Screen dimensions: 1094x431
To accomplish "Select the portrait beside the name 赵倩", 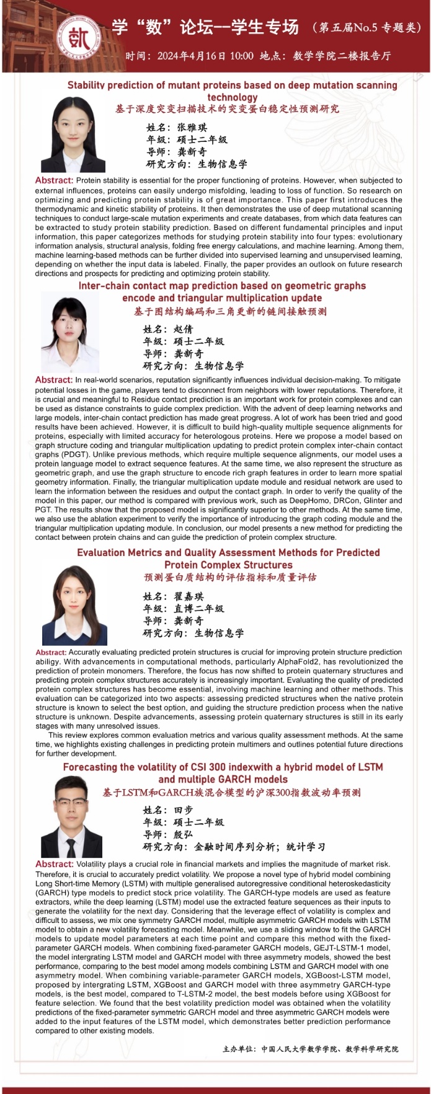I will pyautogui.click(x=70, y=335).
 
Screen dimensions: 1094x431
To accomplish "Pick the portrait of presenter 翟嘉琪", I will pyautogui.click(x=74, y=606).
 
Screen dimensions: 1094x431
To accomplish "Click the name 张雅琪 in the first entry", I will pyautogui.click(x=192, y=127).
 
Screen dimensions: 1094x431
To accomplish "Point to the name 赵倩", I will pyautogui.click(x=183, y=329).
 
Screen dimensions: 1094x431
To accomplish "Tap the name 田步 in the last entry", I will pyautogui.click(x=183, y=809).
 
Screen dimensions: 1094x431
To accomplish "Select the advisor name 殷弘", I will pyautogui.click(x=183, y=834).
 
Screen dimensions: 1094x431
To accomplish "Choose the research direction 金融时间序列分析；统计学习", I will pyautogui.click(x=259, y=847).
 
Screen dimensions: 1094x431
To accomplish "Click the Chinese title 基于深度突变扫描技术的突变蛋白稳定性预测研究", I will pyautogui.click(x=228, y=109).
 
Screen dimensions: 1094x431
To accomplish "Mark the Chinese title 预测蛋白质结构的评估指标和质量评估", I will pyautogui.click(x=230, y=578).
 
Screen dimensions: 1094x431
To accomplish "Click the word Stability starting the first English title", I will pyautogui.click(x=88, y=86).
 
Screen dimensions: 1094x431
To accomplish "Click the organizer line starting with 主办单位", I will pyautogui.click(x=310, y=1049).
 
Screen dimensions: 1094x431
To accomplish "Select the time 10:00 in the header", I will pyautogui.click(x=241, y=56).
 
